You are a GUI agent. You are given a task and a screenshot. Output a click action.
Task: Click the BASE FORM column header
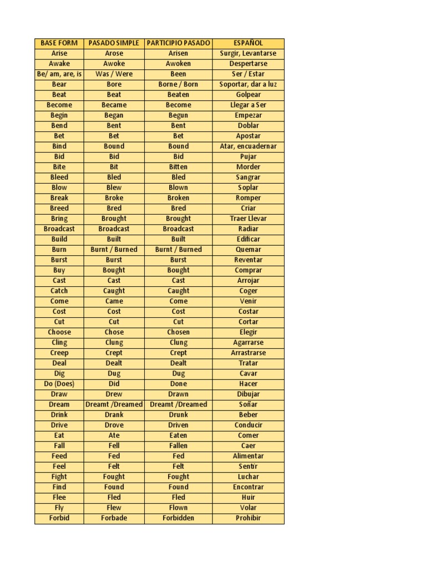coord(59,43)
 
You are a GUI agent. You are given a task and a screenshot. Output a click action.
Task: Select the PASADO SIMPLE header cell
coord(114,43)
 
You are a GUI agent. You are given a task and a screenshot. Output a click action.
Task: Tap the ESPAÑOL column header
coord(248,43)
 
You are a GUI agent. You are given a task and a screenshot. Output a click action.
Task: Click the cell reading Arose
coord(114,53)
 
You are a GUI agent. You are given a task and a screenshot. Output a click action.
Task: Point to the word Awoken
coord(178,64)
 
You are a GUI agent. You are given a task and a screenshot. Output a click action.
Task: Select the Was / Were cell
coord(114,74)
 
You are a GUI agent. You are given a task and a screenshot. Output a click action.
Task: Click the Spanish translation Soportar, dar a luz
coord(248,84)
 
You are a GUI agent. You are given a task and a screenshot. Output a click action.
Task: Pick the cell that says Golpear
coord(248,95)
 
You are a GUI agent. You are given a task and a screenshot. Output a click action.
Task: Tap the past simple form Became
coord(114,105)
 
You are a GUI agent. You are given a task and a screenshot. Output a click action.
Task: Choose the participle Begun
coord(178,115)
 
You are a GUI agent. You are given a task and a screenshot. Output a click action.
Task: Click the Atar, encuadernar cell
coord(248,146)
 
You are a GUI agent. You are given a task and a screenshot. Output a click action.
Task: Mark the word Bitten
coord(178,167)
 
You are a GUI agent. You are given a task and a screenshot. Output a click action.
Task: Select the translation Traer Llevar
coord(248,219)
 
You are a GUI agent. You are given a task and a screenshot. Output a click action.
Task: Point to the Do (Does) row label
coord(59,384)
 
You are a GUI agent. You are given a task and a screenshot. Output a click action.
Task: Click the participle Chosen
coord(178,332)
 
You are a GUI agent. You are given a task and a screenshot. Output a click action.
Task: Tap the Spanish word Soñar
coord(248,404)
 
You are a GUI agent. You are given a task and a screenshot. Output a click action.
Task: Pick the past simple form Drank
coord(114,415)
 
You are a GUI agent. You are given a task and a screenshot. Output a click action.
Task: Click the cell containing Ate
coord(114,435)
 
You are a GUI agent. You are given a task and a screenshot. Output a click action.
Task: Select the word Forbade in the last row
coord(114,518)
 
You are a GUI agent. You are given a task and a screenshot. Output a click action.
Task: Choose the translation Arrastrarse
coord(248,353)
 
